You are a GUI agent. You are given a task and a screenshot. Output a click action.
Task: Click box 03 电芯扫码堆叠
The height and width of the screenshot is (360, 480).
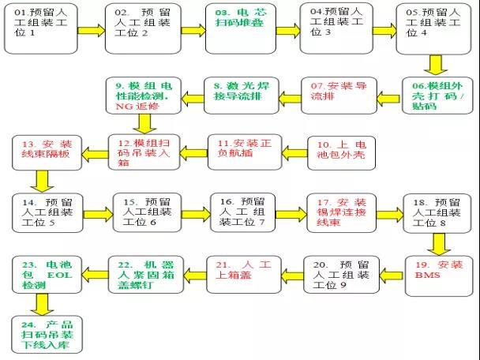pyautogui.click(x=241, y=28)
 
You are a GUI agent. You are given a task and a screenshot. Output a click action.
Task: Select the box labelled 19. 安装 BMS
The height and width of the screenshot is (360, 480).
pyautogui.click(x=439, y=276)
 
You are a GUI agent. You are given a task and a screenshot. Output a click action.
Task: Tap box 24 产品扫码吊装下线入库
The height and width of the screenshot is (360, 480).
pyautogui.click(x=47, y=335)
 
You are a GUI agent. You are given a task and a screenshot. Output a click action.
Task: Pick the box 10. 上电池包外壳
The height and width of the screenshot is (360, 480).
pyautogui.click(x=341, y=152)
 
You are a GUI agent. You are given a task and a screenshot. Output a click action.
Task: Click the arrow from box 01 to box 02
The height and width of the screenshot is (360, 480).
pyautogui.click(x=92, y=31)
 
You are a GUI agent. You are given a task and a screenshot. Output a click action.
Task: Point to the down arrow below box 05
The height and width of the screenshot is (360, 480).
pyautogui.click(x=436, y=65)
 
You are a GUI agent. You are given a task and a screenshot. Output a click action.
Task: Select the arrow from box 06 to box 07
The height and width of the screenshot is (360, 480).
pyautogui.click(x=388, y=99)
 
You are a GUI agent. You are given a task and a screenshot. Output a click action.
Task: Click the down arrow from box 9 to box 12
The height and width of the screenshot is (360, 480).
pyautogui.click(x=144, y=124)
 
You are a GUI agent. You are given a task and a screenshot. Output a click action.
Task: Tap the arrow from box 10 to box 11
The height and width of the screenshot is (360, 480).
pyautogui.click(x=294, y=152)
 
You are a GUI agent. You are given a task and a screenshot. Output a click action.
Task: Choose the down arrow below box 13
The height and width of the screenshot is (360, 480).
pyautogui.click(x=43, y=182)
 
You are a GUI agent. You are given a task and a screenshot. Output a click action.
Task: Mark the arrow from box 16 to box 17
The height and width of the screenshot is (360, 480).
pyautogui.click(x=291, y=214)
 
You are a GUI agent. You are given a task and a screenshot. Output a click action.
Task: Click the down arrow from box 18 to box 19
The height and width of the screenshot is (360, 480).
pyautogui.click(x=439, y=244)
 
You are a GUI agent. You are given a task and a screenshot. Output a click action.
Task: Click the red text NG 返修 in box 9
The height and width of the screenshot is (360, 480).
pyautogui.click(x=137, y=107)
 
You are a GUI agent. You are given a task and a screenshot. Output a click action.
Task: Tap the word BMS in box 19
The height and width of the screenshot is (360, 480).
pyautogui.click(x=427, y=275)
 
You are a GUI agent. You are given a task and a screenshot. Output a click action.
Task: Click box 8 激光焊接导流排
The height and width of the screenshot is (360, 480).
pyautogui.click(x=242, y=96)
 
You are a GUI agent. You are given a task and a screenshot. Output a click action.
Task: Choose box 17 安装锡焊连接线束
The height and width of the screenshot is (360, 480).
pyautogui.click(x=341, y=212)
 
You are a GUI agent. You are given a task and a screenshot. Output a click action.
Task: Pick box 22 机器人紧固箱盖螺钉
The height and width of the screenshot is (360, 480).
pyautogui.click(x=146, y=275)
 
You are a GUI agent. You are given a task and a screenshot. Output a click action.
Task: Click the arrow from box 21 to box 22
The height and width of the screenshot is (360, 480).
pyautogui.click(x=195, y=275)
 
